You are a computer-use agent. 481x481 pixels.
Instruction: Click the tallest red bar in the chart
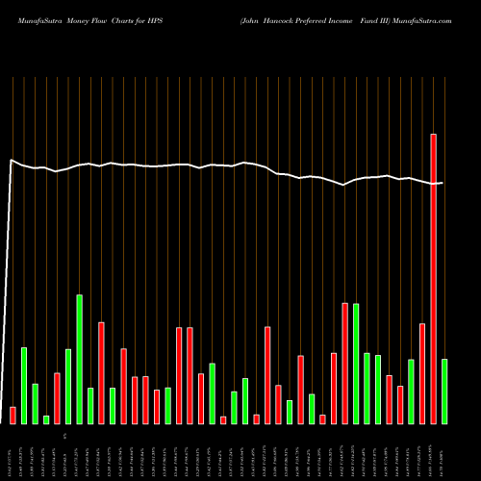(x=433, y=279)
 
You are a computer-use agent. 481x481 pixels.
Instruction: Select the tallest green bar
(x=79, y=359)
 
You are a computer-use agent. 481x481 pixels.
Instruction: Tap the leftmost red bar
(x=13, y=415)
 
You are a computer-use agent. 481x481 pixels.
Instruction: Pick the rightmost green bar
(x=443, y=391)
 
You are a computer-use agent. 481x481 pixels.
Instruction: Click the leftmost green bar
(x=24, y=385)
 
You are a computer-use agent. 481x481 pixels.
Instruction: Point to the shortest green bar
(x=46, y=419)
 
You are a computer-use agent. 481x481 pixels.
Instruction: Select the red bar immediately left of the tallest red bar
(x=421, y=373)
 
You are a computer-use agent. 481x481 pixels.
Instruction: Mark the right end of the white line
(x=443, y=183)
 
